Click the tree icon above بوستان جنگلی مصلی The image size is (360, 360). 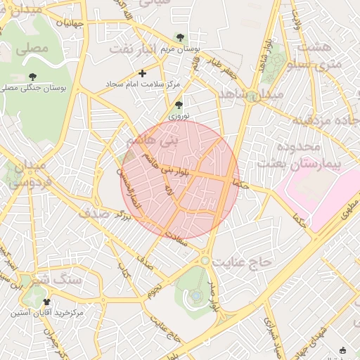(x=32, y=76)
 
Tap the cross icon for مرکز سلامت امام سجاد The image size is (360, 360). (x=143, y=73)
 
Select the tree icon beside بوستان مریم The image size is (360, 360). (x=181, y=37)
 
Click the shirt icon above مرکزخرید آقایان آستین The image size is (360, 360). (x=46, y=301)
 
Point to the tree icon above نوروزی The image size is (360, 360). (x=179, y=105)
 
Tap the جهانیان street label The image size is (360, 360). (x=70, y=23)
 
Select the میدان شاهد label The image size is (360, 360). (x=250, y=94)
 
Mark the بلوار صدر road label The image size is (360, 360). (x=214, y=295)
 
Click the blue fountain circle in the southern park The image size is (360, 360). (x=195, y=296)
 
